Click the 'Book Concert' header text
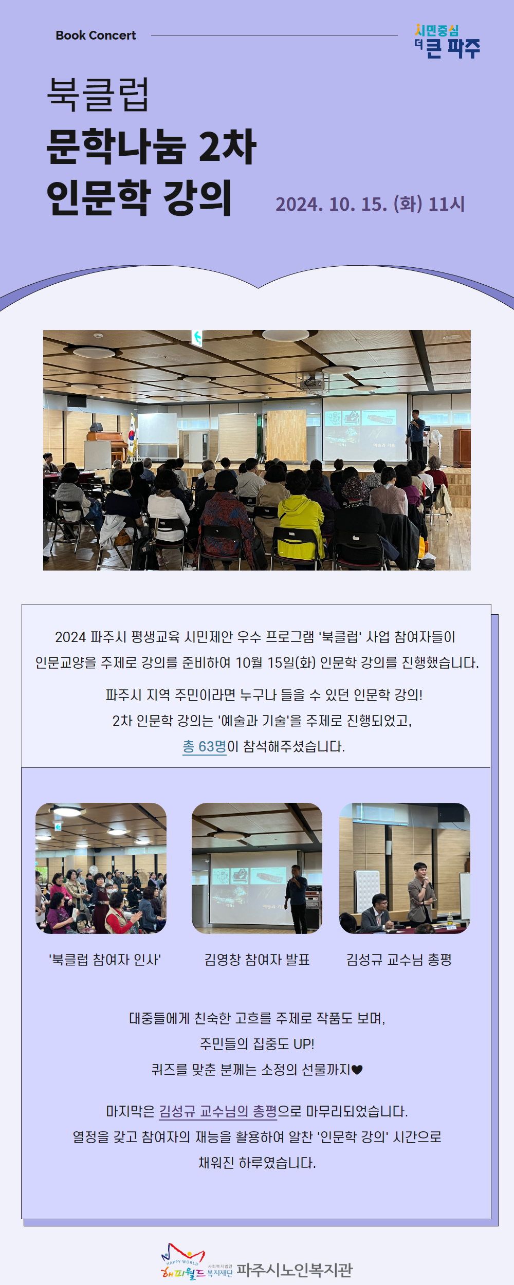96,35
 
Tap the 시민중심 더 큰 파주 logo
447,41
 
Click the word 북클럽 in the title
98,95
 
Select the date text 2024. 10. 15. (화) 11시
370,204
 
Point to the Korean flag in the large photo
132,436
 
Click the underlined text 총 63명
205,746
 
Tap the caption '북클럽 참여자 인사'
105,960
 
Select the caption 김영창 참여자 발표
257,960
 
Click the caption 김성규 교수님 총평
399,960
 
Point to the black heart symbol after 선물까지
357,1070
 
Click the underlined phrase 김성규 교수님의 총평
218,1111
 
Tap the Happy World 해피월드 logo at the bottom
183,1261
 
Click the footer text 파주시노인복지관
295,1270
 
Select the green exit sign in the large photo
196,338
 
